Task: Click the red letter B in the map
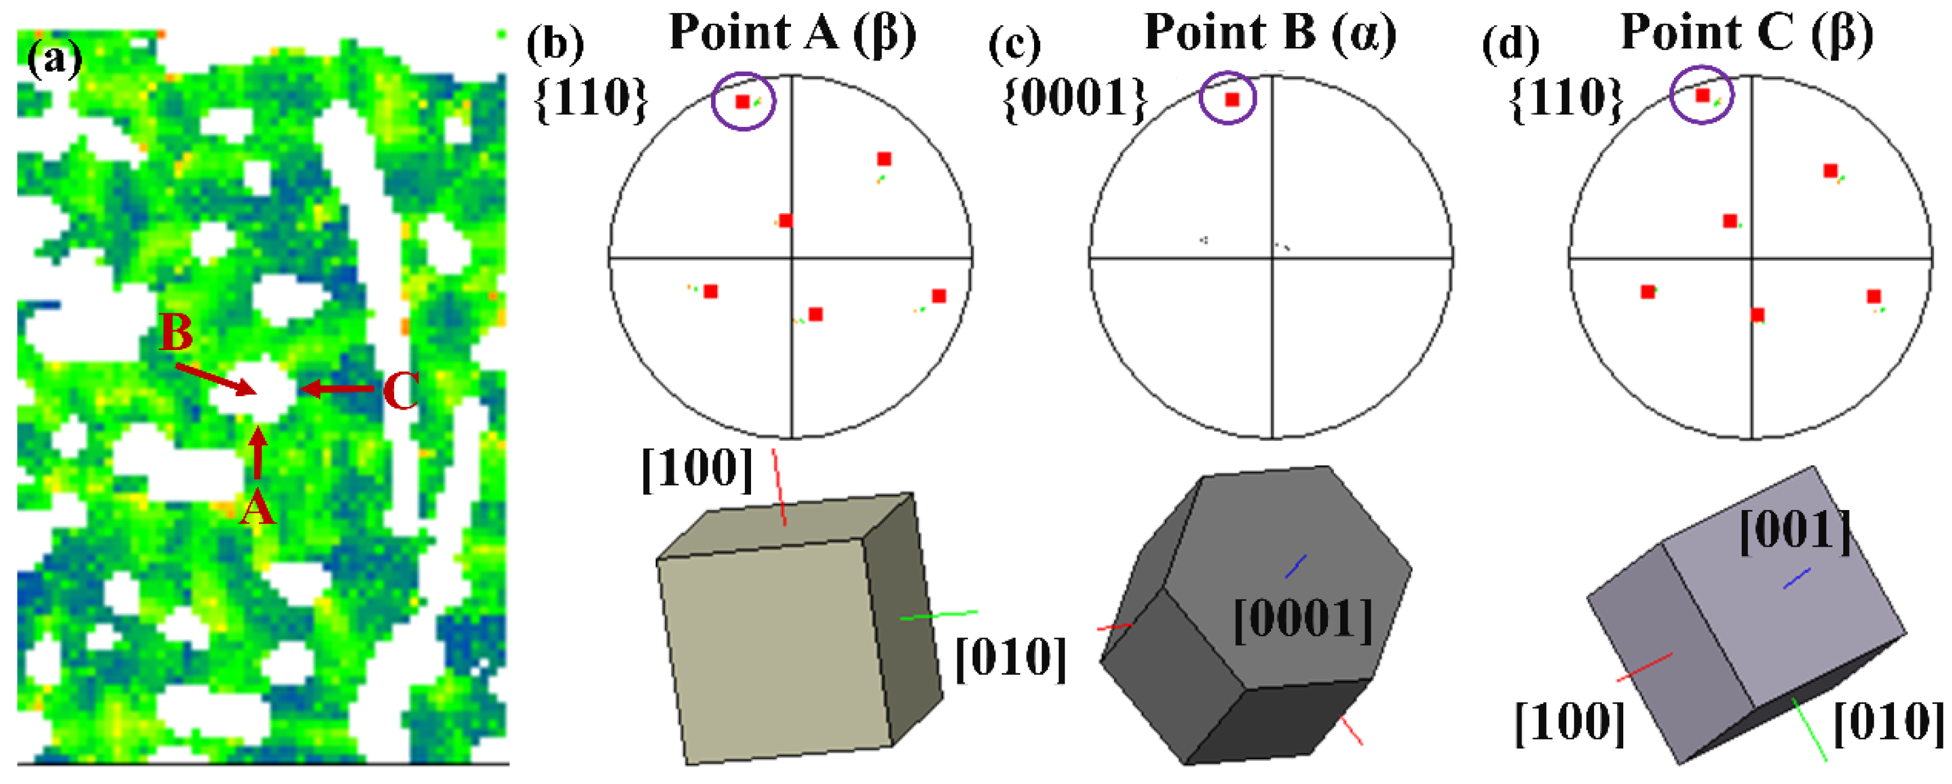(x=176, y=333)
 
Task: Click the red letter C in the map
(x=400, y=392)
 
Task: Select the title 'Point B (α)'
(x=1270, y=33)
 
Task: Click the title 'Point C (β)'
(x=1747, y=33)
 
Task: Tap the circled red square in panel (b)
(x=743, y=101)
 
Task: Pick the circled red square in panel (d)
(x=1702, y=95)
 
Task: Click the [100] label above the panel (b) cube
(x=697, y=469)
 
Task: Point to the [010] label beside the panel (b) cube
(x=1010, y=659)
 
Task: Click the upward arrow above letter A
(x=258, y=453)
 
